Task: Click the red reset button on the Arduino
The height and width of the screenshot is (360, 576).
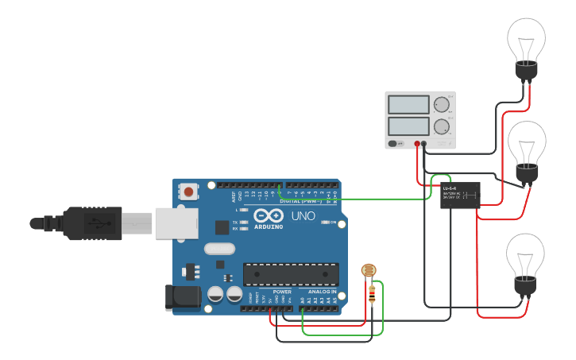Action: click(x=188, y=192)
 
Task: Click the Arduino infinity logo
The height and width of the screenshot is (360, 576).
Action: click(x=269, y=215)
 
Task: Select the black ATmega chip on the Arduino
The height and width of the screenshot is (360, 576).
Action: click(x=291, y=274)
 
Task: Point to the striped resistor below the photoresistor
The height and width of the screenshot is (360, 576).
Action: click(x=373, y=295)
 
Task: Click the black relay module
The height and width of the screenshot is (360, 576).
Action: click(x=460, y=195)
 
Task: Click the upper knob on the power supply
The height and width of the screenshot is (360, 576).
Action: click(x=441, y=103)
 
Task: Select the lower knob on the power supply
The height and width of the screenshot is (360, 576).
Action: click(x=441, y=126)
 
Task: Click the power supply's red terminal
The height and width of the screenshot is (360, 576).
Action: click(x=417, y=144)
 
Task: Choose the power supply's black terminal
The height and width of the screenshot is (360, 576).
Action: click(x=423, y=144)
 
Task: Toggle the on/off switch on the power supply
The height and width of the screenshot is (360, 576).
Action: click(x=394, y=144)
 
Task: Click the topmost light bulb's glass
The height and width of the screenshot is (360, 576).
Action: click(x=526, y=37)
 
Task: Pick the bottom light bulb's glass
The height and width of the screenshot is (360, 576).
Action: click(x=526, y=254)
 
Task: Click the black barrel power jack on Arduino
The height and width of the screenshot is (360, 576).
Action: click(x=179, y=297)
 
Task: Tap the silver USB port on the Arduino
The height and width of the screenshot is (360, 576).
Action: click(x=175, y=223)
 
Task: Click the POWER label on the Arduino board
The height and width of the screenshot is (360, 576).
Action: click(x=282, y=292)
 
